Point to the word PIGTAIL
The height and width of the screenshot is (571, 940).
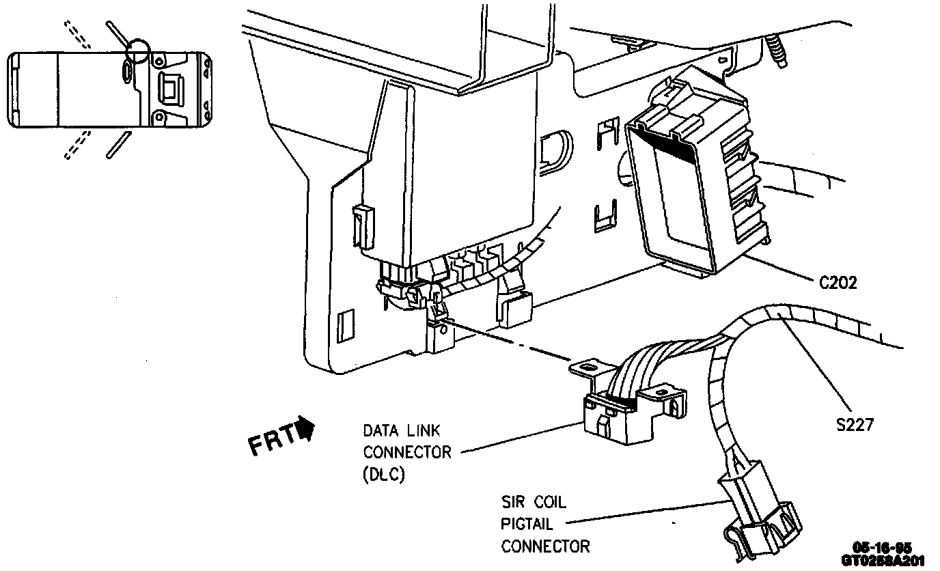(x=527, y=525)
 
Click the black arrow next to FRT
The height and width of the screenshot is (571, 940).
(x=306, y=430)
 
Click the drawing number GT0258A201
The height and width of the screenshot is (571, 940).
(x=883, y=559)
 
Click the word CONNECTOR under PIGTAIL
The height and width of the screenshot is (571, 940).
(x=545, y=546)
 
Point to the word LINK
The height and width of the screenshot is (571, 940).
(x=421, y=431)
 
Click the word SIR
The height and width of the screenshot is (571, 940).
(x=512, y=503)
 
